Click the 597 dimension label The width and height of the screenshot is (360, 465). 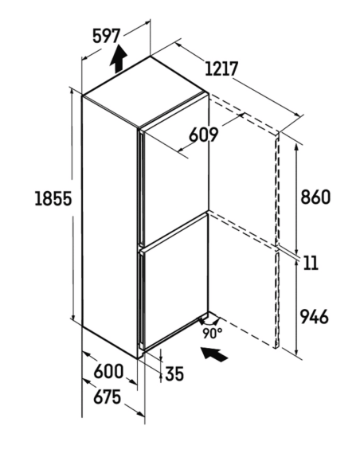[x=106, y=36]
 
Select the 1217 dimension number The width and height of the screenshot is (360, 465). [x=221, y=68]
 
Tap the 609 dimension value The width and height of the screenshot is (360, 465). [x=204, y=135]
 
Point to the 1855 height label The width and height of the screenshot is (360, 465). [x=53, y=198]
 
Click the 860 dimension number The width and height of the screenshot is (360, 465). [x=315, y=197]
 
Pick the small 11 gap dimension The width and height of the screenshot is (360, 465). [x=311, y=263]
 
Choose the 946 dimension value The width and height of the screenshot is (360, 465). [x=315, y=316]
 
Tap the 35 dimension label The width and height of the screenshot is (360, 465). [x=174, y=373]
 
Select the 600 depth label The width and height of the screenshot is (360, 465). [x=108, y=371]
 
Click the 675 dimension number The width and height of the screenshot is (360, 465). [x=108, y=397]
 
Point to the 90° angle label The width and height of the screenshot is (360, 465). [x=213, y=333]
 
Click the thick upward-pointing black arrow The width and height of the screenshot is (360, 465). [x=119, y=59]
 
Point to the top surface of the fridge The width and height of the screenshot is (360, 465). [x=146, y=92]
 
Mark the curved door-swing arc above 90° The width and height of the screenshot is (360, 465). [x=209, y=322]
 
